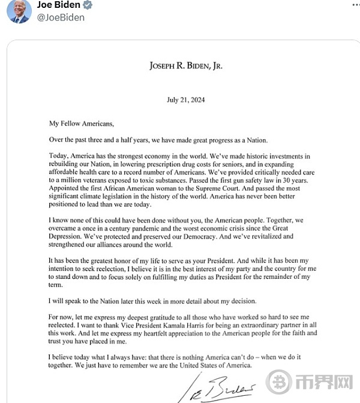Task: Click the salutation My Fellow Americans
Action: point(81,124)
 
